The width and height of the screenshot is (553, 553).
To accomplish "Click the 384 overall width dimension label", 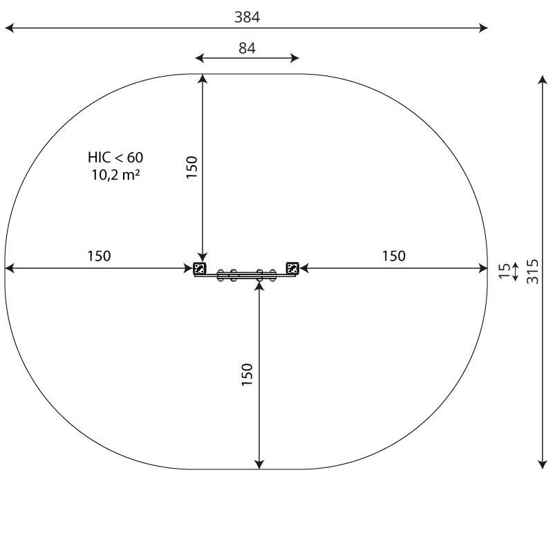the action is [247, 17].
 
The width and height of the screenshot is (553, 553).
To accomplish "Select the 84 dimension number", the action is [247, 48].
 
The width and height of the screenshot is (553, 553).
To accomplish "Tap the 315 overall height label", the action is [532, 272].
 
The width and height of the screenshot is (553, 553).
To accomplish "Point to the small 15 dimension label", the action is [505, 271].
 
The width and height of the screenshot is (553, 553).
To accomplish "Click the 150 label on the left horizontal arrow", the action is [99, 256].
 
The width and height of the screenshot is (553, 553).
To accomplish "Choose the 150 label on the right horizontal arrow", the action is [394, 256].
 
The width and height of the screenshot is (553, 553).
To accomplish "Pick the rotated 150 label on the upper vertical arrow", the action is [192, 167].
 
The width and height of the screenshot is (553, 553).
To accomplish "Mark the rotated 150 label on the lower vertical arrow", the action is [247, 375].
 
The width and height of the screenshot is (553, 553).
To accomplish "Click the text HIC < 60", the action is [115, 158].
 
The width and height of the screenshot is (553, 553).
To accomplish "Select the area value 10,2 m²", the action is [115, 175].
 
